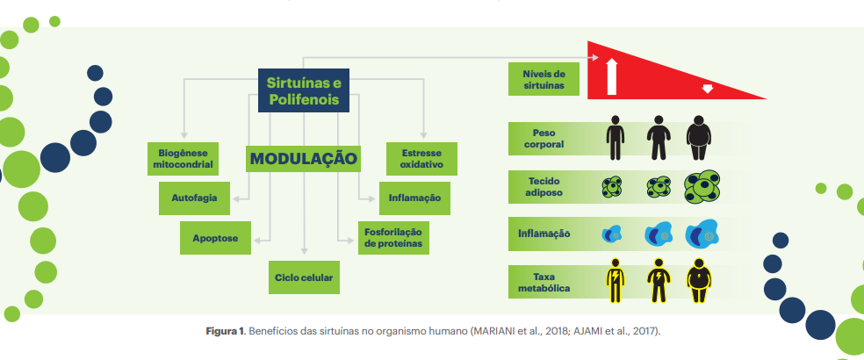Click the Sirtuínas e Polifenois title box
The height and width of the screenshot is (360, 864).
tap(304, 90)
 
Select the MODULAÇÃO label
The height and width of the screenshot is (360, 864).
tap(303, 159)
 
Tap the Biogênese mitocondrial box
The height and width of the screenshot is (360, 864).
tap(183, 159)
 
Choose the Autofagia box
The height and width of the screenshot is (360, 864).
tap(194, 198)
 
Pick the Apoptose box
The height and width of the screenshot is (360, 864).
tap(215, 238)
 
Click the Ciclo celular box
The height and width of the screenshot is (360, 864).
tap(304, 277)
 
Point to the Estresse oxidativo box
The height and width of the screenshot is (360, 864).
tap(421, 159)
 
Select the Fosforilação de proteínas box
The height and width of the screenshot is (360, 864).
tap(393, 238)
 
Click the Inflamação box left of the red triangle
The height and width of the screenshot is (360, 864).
tap(414, 198)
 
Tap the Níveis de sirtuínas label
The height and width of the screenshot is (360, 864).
tap(544, 79)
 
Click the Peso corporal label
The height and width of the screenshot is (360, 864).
tap(544, 139)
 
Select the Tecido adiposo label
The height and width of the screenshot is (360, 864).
tap(544, 186)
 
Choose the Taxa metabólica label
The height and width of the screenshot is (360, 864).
tap(544, 282)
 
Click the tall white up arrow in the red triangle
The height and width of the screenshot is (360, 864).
tap(611, 77)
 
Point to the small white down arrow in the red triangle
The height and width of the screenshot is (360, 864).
tap(708, 89)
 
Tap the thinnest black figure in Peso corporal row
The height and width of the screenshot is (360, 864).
tap(615, 138)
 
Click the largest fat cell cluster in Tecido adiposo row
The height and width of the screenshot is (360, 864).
tap(702, 186)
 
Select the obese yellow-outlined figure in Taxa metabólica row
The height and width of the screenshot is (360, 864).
tap(699, 281)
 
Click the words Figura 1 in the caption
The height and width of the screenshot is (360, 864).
tap(225, 331)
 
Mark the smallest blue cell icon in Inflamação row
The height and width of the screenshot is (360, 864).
tap(612, 234)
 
